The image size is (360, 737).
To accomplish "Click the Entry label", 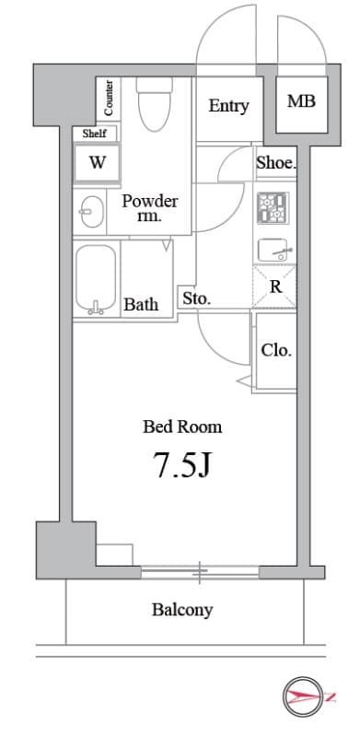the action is (x=228, y=106).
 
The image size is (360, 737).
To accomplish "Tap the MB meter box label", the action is (x=301, y=100).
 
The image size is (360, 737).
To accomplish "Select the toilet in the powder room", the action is (x=155, y=104).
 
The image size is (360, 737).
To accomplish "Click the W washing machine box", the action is (x=97, y=163).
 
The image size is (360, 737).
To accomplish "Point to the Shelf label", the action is (x=95, y=134).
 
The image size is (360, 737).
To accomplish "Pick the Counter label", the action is (x=109, y=99).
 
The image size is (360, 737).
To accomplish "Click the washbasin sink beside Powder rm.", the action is (x=89, y=212).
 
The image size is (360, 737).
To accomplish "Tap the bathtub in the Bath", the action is (x=96, y=279).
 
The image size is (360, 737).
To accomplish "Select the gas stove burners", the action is (x=273, y=208).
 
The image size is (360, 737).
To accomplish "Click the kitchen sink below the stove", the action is (x=275, y=250).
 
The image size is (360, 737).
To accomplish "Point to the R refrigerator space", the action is (x=275, y=287).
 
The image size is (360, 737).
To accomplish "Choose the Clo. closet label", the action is (x=277, y=350).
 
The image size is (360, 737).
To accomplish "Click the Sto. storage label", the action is (x=196, y=298).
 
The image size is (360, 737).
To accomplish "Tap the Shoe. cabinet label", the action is (x=276, y=163).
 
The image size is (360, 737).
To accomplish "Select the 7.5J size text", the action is (x=182, y=465).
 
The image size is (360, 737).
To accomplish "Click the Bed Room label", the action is (x=182, y=427).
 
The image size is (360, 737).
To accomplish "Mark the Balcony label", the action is (x=182, y=610).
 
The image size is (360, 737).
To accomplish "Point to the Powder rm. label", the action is (x=150, y=207).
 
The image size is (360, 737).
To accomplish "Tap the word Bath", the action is (x=141, y=304).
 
